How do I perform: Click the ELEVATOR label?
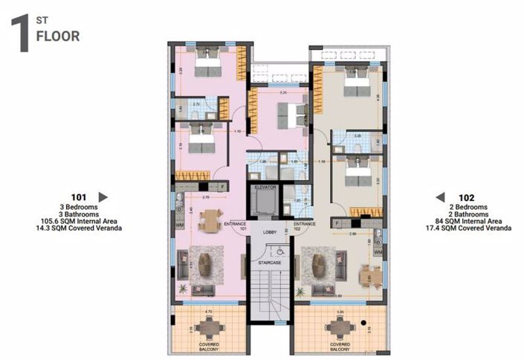coord(265,188)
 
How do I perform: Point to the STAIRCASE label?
coord(270,262)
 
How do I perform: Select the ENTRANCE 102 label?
coord(304,225)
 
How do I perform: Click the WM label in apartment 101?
coord(180,223)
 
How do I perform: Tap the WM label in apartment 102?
coord(378,253)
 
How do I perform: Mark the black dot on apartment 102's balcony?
coord(363,323)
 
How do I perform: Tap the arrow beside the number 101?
coord(103,197)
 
